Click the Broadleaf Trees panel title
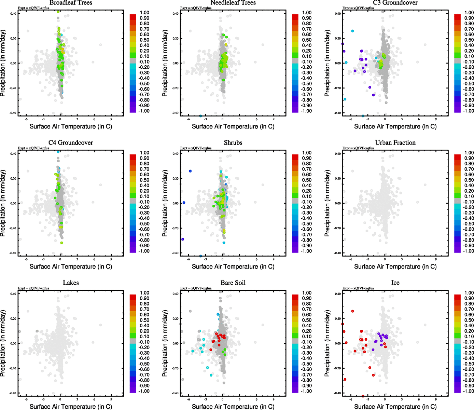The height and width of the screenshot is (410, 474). pyautogui.click(x=71, y=3)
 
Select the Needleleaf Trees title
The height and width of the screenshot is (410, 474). pyautogui.click(x=233, y=3)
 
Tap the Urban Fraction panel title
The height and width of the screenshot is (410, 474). pyautogui.click(x=395, y=143)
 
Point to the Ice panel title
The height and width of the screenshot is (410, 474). pyautogui.click(x=395, y=283)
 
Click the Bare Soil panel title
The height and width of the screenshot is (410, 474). pyautogui.click(x=233, y=283)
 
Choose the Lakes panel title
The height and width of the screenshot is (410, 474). pyautogui.click(x=71, y=283)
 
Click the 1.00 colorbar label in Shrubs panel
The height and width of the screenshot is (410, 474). pyautogui.click(x=307, y=153)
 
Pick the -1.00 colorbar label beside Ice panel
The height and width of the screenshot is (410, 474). pyautogui.click(x=469, y=391)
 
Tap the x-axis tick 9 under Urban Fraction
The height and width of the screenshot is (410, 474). pyautogui.click(x=436, y=259)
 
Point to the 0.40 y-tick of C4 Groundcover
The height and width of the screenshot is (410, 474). pyautogui.click(x=13, y=154)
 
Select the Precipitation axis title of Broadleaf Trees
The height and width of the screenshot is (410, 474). pyautogui.click(x=3, y=63)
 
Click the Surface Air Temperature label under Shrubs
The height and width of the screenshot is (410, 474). pyautogui.click(x=233, y=266)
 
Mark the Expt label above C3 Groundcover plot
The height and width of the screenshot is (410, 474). pyautogui.click(x=358, y=8)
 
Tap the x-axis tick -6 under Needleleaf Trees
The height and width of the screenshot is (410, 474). pyautogui.click(x=188, y=119)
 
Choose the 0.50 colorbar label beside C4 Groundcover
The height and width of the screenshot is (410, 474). pyautogui.click(x=144, y=180)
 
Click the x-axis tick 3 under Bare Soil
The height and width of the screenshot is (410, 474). pyautogui.click(x=239, y=399)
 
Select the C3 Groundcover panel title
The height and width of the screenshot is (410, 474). pyautogui.click(x=395, y=3)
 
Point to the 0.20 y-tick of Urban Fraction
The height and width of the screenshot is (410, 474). pyautogui.click(x=337, y=179)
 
